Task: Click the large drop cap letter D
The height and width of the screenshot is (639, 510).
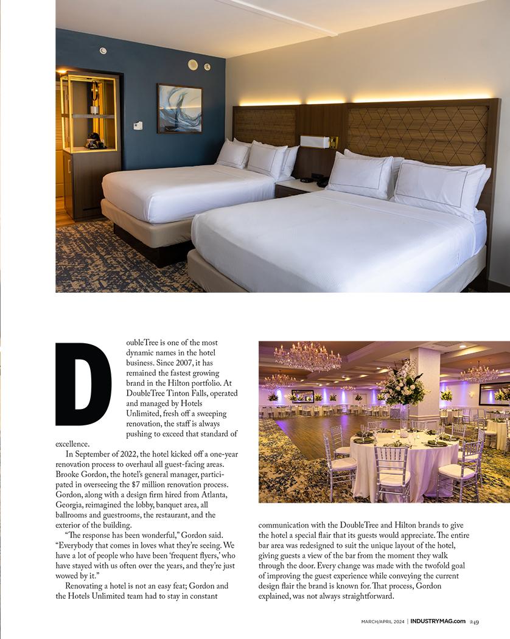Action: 83,385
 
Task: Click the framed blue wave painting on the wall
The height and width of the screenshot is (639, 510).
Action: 180,108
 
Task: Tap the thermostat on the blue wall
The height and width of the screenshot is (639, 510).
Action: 138,125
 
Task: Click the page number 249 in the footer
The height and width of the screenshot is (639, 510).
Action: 474,621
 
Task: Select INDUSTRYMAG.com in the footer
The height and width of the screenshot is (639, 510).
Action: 438,621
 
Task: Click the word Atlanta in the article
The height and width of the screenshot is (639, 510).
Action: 214,495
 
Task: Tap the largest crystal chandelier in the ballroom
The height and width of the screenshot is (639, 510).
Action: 307,357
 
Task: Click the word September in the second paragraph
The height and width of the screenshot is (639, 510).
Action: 97,454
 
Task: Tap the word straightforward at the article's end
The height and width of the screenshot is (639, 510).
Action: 360,596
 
